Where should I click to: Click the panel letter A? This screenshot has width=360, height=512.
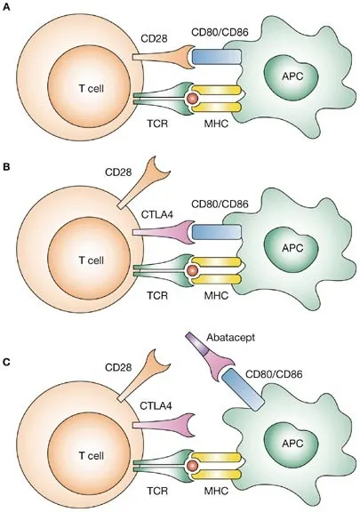click(x=6, y=7)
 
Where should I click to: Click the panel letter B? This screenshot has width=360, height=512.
click(x=6, y=167)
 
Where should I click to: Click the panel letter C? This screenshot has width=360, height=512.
click(x=6, y=362)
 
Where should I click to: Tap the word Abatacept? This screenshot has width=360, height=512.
click(x=230, y=338)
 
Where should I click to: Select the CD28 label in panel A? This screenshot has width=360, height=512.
click(x=154, y=38)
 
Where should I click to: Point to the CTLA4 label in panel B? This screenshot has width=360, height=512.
click(x=156, y=214)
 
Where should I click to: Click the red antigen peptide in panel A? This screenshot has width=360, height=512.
click(x=192, y=98)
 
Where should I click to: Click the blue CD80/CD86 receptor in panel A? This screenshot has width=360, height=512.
click(x=217, y=57)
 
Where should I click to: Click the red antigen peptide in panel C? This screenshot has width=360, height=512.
click(x=192, y=465)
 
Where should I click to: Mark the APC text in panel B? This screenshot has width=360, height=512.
click(x=292, y=248)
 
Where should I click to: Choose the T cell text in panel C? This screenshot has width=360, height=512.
click(x=92, y=455)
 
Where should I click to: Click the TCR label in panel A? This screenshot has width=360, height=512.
click(x=157, y=124)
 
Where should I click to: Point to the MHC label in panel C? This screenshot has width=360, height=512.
click(x=216, y=491)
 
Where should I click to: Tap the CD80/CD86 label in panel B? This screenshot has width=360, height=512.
click(x=220, y=204)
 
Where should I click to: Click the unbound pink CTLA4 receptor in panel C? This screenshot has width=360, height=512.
click(x=164, y=425)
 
